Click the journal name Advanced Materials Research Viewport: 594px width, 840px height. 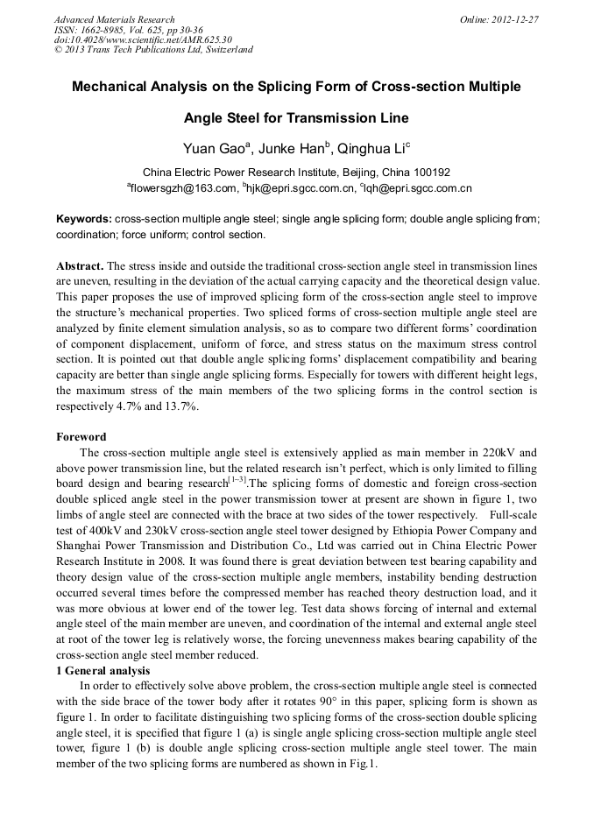click(115, 19)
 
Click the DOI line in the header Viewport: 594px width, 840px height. click(143, 39)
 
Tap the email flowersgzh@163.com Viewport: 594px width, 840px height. click(185, 188)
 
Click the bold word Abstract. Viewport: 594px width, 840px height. click(81, 265)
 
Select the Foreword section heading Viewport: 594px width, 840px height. click(81, 437)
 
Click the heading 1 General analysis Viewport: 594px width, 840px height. click(103, 671)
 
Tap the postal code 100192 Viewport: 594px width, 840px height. click(428, 173)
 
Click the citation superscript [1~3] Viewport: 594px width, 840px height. click(237, 479)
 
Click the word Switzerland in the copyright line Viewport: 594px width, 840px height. click(224, 50)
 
